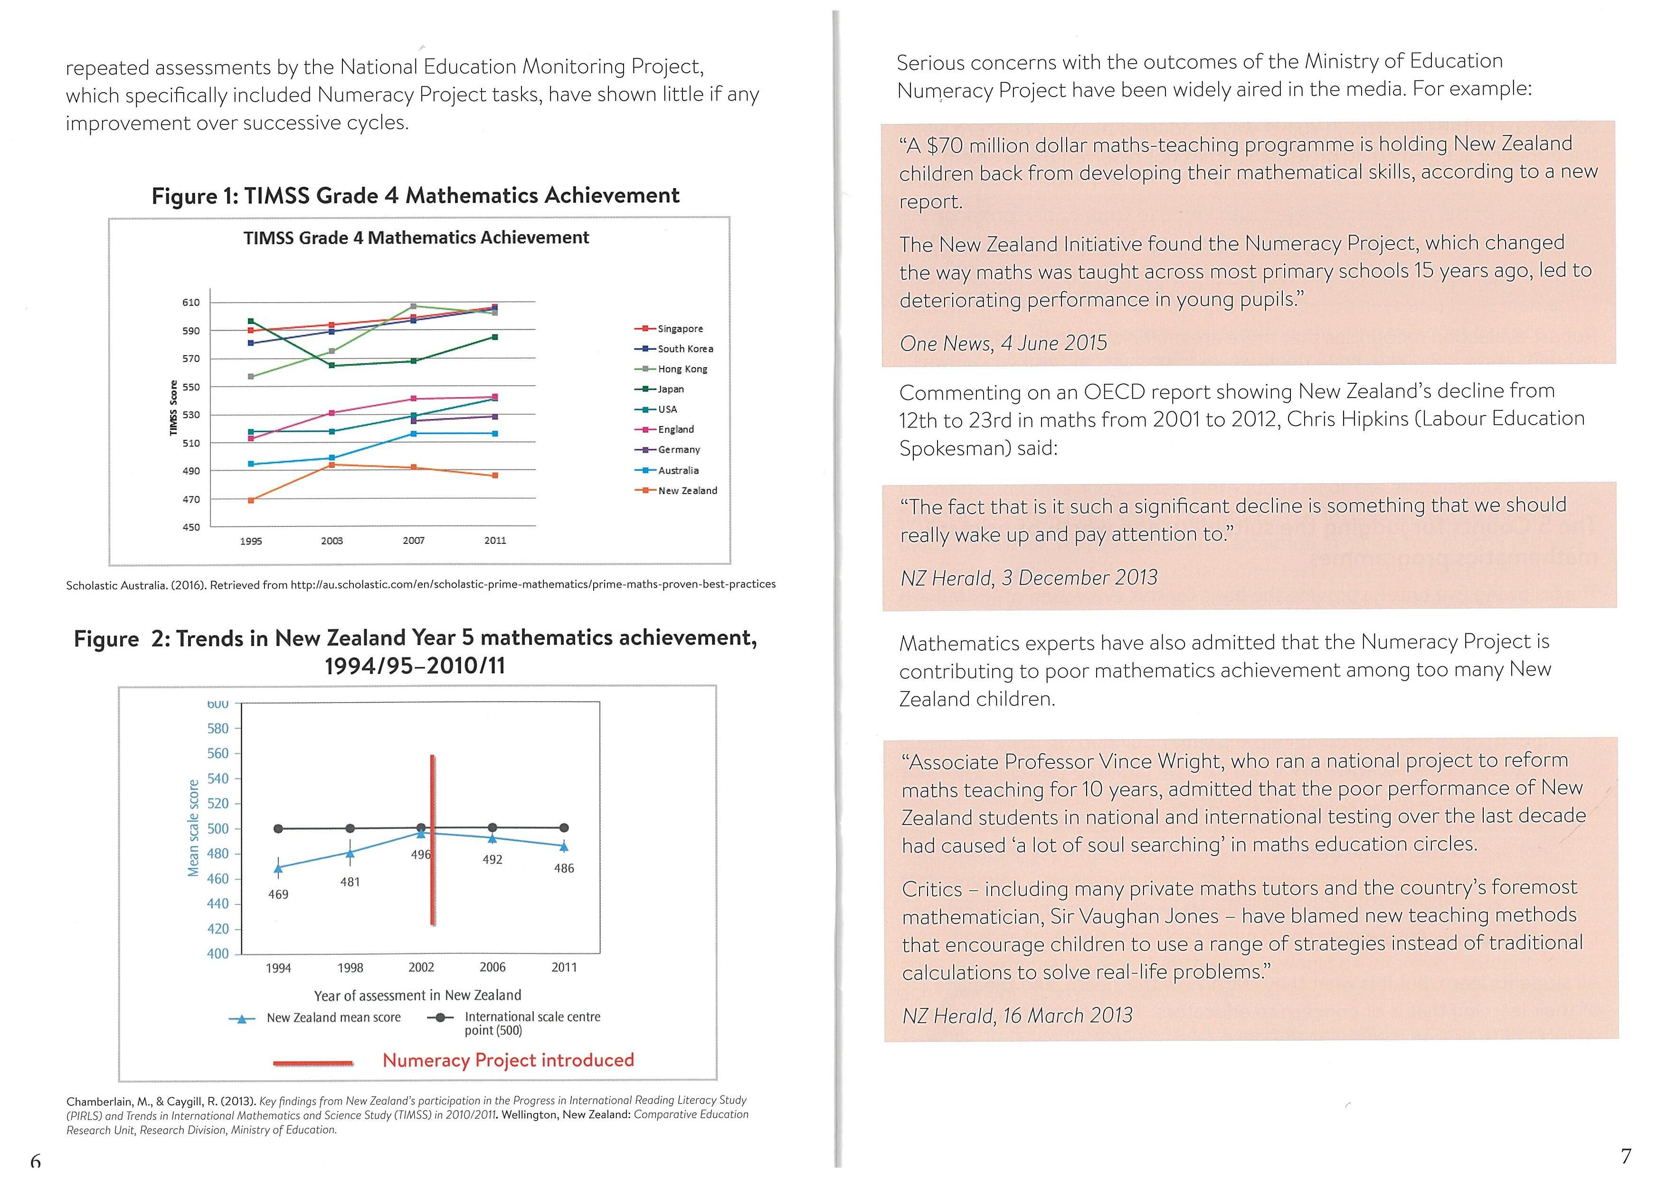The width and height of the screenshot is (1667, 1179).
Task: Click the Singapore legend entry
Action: pyautogui.click(x=680, y=329)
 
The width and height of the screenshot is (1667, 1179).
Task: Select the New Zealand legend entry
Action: pyautogui.click(x=687, y=491)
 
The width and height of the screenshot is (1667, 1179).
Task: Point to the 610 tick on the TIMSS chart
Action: pyautogui.click(x=191, y=303)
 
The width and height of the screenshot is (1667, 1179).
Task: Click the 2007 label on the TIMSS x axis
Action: pyautogui.click(x=414, y=541)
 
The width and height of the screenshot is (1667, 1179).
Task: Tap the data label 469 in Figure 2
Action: pyautogui.click(x=278, y=895)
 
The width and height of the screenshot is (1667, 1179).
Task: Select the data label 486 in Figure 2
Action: pyautogui.click(x=564, y=868)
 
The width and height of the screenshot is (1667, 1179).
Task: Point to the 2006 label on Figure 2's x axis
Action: pyautogui.click(x=492, y=968)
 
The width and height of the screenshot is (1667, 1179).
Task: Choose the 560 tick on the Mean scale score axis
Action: pyautogui.click(x=218, y=753)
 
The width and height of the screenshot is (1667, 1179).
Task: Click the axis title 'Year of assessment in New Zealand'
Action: pyautogui.click(x=417, y=995)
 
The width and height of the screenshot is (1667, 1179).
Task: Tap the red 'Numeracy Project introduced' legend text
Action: pyautogui.click(x=508, y=1061)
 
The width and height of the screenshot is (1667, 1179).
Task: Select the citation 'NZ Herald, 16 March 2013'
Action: pyautogui.click(x=1017, y=1016)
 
